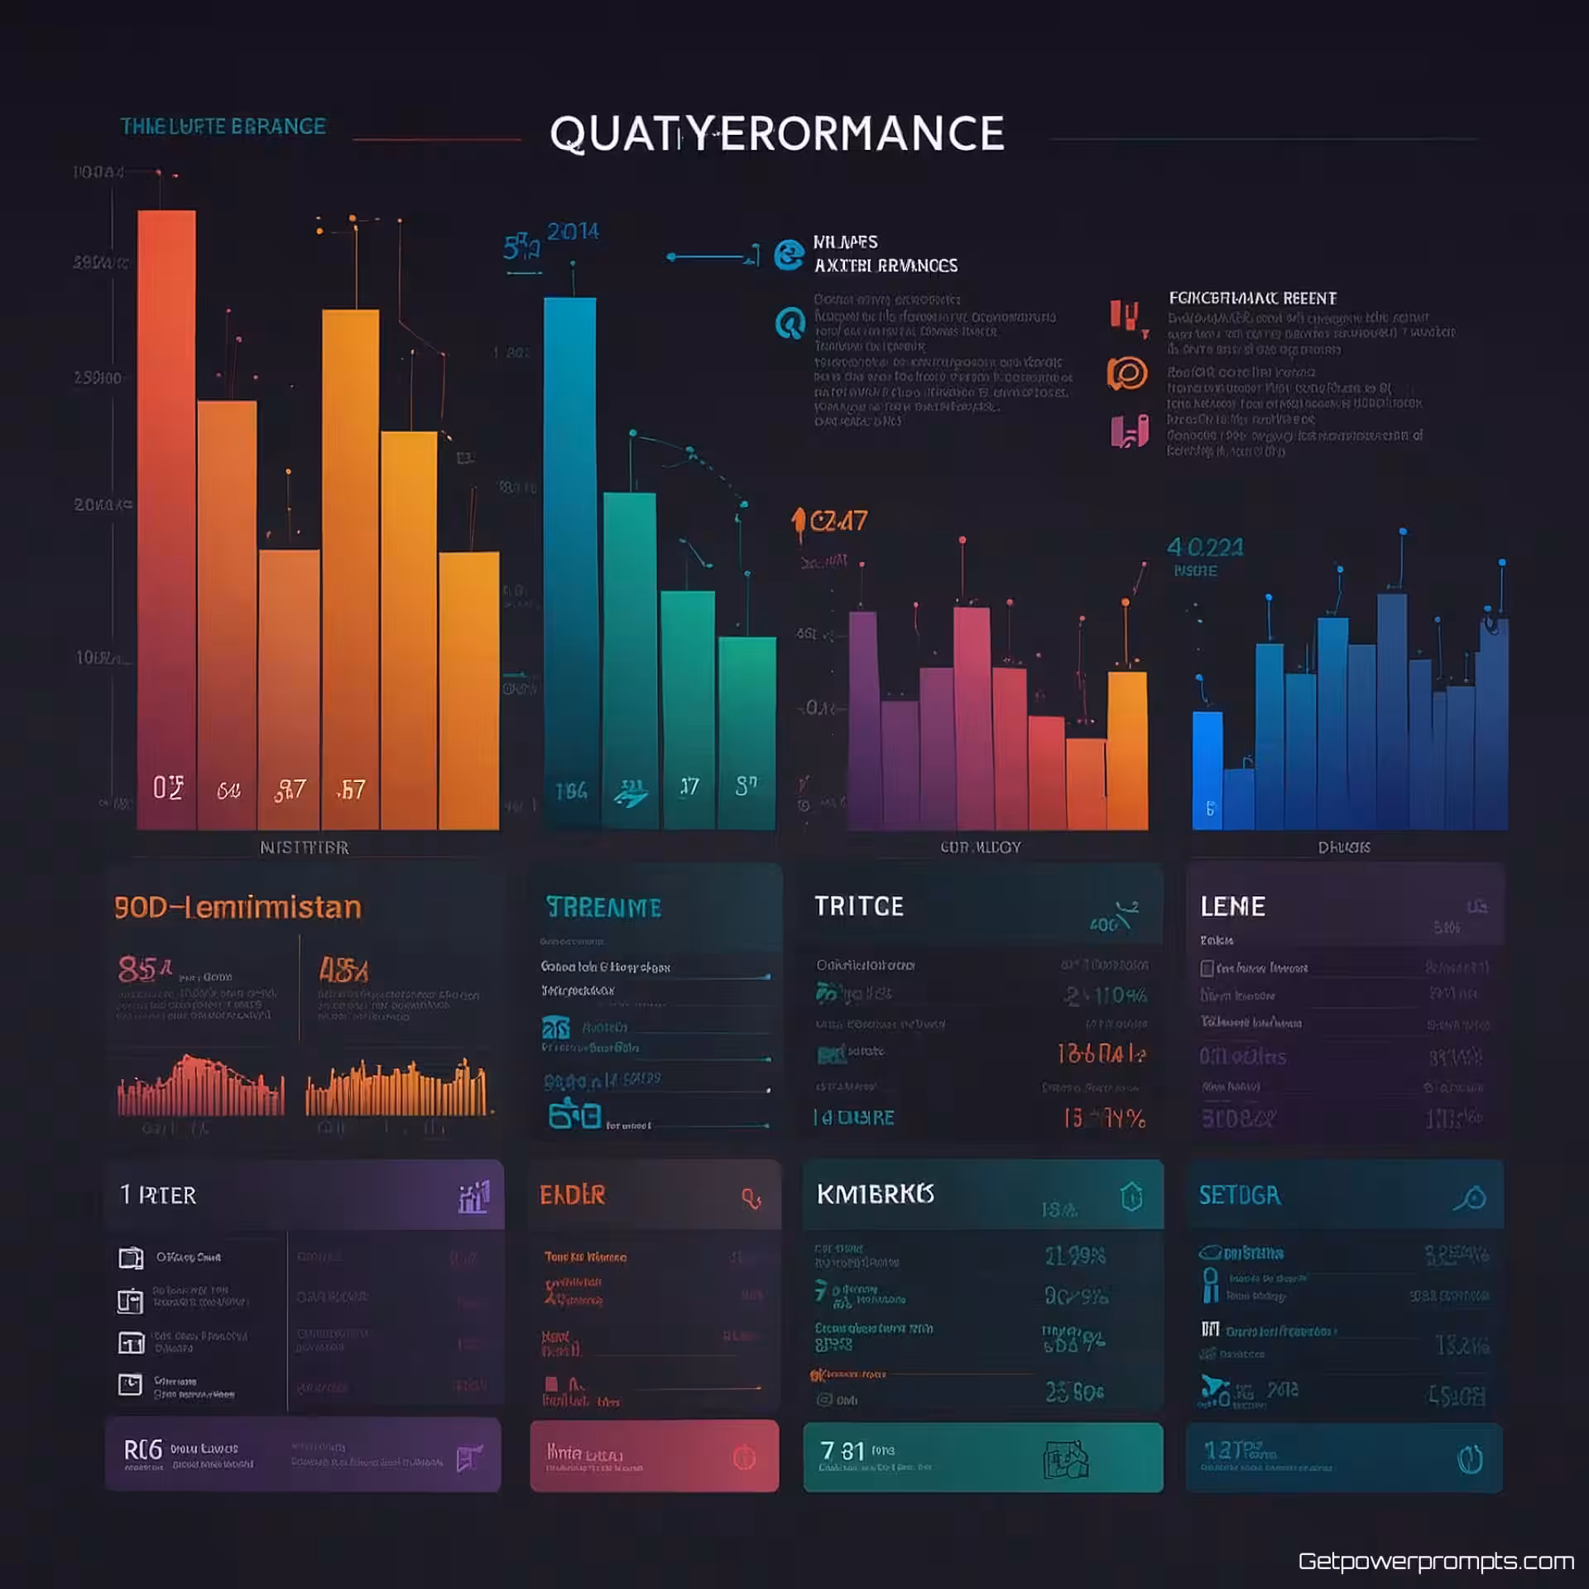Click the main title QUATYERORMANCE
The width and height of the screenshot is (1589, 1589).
(x=776, y=134)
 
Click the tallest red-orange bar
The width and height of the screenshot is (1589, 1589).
(x=166, y=513)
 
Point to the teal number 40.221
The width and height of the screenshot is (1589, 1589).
(x=1204, y=547)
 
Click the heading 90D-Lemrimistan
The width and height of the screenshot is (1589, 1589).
(x=238, y=908)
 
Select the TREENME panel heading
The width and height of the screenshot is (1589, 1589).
(x=603, y=908)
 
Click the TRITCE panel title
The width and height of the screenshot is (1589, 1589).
(x=858, y=906)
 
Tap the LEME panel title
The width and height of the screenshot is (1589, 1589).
(x=1232, y=906)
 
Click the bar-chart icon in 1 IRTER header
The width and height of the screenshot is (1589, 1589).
(x=473, y=1198)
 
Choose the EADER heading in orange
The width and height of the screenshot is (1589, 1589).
(x=572, y=1195)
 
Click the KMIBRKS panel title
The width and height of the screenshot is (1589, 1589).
(x=875, y=1194)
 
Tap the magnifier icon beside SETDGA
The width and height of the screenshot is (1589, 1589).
(x=1471, y=1198)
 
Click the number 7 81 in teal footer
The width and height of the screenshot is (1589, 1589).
(x=842, y=1451)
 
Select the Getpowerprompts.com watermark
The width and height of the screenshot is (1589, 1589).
(x=1435, y=1561)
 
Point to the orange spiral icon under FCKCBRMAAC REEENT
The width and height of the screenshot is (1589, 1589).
(x=1127, y=373)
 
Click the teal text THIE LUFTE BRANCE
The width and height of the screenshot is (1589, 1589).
(x=223, y=127)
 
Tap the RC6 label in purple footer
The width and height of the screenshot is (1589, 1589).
(x=142, y=1450)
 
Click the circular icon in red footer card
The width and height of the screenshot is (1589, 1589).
(x=744, y=1457)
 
